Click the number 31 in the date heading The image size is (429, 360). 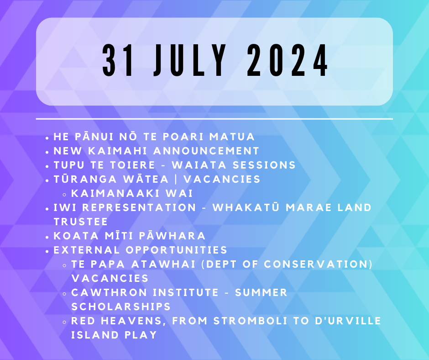[x=119, y=60]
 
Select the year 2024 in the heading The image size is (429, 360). [x=288, y=60]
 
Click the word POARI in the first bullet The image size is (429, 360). [x=183, y=137]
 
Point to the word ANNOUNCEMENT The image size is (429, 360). [x=206, y=151]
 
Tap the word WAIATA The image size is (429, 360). [x=199, y=165]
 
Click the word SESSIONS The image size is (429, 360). [x=264, y=165]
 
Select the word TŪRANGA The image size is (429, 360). [x=85, y=179]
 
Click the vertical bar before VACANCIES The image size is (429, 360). [x=176, y=180]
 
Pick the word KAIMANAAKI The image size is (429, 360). [x=115, y=194]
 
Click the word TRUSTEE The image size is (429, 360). [x=81, y=222]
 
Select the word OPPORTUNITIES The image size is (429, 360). [x=177, y=250]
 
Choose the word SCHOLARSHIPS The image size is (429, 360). [x=121, y=307]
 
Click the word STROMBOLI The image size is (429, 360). [x=251, y=321]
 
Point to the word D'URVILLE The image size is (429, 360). [x=348, y=321]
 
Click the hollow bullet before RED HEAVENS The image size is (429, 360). [x=64, y=322]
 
